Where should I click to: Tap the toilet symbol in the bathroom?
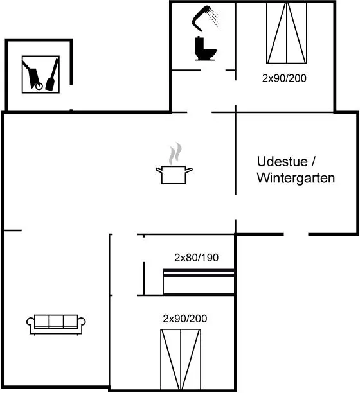pos(205,49)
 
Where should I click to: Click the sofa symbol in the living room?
pos(56,324)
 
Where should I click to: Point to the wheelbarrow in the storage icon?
pos(32,76)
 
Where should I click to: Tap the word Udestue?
pos(282,161)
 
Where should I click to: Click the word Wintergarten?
pos(296,178)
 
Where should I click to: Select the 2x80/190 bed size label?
pos(197,258)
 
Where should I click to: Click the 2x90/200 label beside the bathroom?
pos(284,78)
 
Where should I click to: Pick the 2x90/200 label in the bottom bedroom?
pos(185,319)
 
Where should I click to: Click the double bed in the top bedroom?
pos(287,33)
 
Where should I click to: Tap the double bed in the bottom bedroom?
pos(181,359)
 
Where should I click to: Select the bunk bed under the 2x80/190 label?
pos(199,281)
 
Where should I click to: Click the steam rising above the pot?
pos(175,153)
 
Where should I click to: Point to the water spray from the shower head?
pos(213,17)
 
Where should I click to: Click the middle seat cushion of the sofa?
pos(56,320)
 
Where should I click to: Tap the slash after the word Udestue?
pos(313,161)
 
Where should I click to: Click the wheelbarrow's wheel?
pos(39,87)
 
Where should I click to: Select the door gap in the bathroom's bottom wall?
pos(213,71)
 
